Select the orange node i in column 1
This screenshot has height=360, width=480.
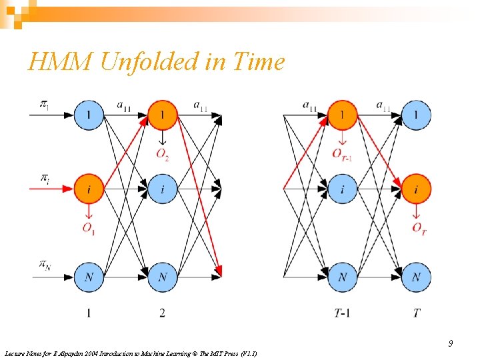tap(89, 191)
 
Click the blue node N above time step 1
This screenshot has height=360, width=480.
tap(89, 277)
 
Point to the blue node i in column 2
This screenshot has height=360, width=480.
tap(163, 191)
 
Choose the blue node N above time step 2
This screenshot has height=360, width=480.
tap(163, 277)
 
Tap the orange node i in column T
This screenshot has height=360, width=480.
tap(417, 191)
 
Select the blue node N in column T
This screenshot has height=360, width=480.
tap(417, 277)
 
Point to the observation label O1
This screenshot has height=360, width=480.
tap(89, 229)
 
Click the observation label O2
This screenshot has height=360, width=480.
tap(163, 155)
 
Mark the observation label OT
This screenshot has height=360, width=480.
tap(418, 229)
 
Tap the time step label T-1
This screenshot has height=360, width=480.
tap(342, 313)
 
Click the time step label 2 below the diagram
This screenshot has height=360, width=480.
tap(163, 313)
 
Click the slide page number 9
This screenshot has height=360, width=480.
tap(451, 343)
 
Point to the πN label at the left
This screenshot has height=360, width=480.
tap(44, 265)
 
